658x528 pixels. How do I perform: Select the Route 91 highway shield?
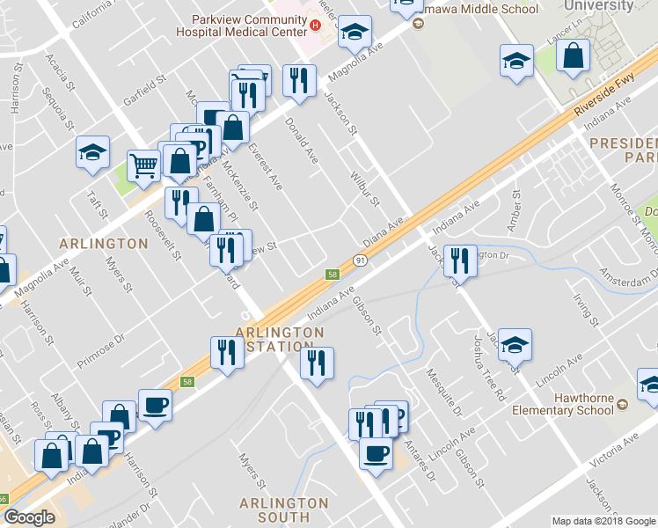point(361,260)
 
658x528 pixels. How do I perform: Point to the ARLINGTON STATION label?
point(280,339)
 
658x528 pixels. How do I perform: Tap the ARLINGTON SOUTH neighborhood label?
point(284,511)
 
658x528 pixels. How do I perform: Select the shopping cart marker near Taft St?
point(143,164)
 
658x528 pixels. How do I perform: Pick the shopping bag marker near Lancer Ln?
point(573,56)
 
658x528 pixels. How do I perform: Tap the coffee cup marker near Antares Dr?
point(376,453)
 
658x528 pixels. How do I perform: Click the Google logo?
point(29,517)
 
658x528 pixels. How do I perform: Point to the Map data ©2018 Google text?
point(603,521)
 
